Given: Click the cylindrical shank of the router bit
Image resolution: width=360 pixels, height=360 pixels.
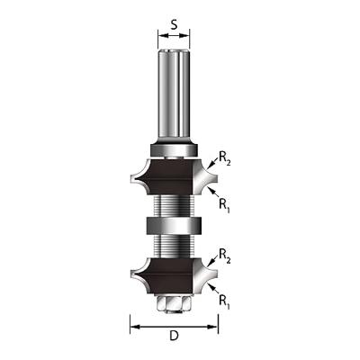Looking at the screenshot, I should [x=174, y=90].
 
